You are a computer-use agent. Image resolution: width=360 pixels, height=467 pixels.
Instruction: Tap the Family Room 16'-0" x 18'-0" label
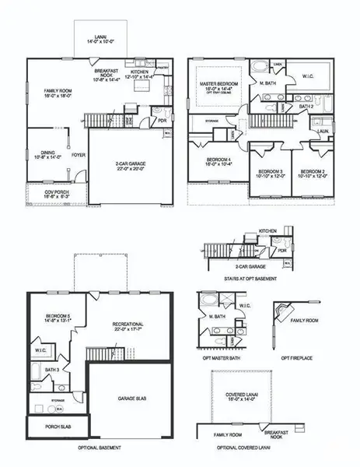pyautogui.click(x=57, y=95)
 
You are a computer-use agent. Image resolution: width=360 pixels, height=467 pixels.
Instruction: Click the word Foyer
pyautogui.click(x=79, y=155)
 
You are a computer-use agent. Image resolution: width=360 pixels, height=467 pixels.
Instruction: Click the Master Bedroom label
pyautogui.click(x=218, y=86)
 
